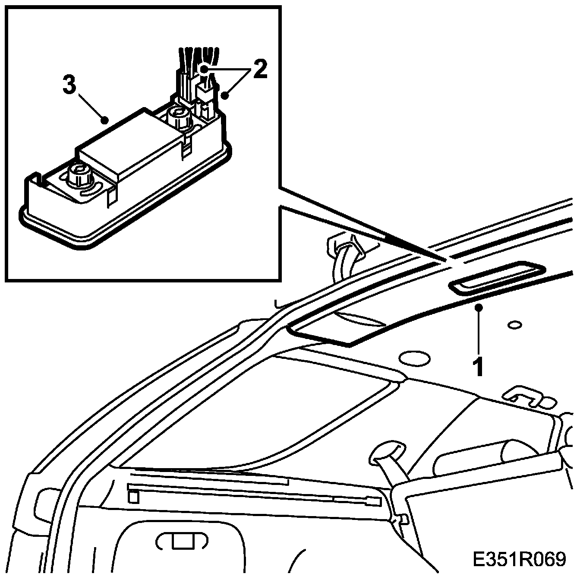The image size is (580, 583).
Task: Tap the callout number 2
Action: [260, 70]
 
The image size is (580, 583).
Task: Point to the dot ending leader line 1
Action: [478, 307]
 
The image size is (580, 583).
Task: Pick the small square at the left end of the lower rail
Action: [134, 497]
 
